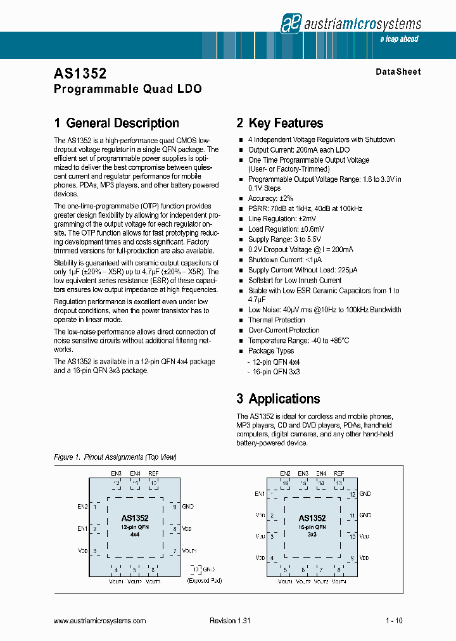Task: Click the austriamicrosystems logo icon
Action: coord(290,23)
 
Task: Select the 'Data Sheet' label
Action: coord(398,72)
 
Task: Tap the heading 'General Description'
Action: coord(117,124)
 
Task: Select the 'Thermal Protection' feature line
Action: coord(276,320)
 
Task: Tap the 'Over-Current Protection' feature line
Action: coord(284,330)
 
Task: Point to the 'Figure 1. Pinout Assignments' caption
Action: coord(115,457)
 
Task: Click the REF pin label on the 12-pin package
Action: coord(153,474)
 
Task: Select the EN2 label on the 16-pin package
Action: coord(285,474)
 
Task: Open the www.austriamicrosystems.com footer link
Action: coord(100,621)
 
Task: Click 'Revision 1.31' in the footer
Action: coord(230,621)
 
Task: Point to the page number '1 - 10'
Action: coord(394,621)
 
